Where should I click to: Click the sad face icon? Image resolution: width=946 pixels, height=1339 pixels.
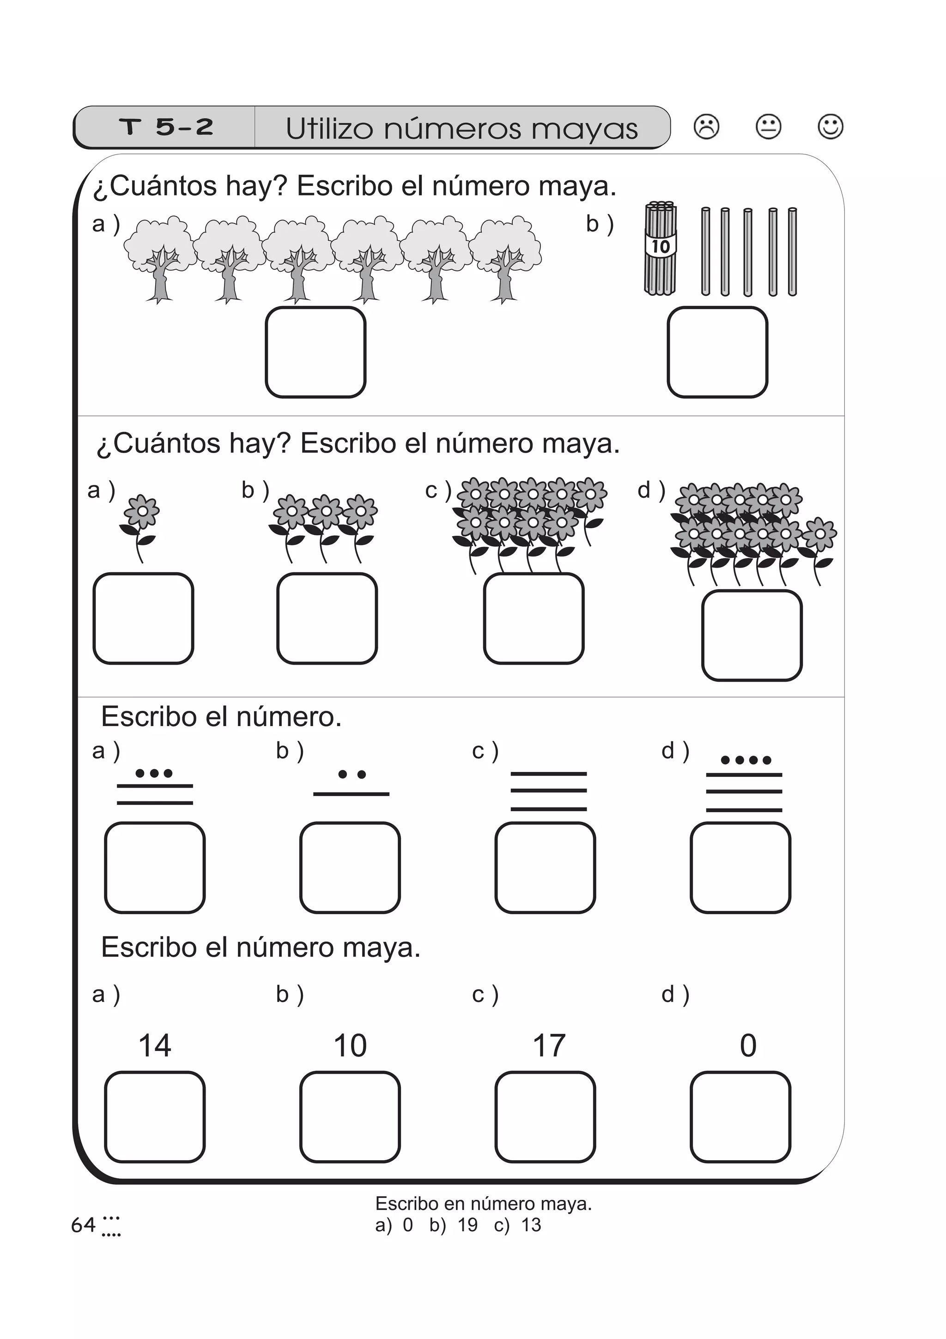tap(706, 127)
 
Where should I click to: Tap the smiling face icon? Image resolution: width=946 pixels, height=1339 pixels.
tap(830, 127)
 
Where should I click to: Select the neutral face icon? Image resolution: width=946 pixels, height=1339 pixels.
tap(768, 127)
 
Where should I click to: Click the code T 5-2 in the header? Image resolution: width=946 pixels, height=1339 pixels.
tap(166, 127)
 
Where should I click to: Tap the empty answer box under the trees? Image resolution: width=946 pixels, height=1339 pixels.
tap(315, 352)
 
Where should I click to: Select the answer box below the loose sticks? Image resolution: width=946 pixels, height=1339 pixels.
tap(717, 352)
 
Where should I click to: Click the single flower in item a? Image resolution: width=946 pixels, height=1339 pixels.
tap(140, 525)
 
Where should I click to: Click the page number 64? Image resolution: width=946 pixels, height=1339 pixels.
tap(83, 1225)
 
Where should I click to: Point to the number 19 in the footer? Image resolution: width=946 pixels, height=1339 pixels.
tap(467, 1225)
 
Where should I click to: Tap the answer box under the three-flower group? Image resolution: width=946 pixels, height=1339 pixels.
tap(327, 618)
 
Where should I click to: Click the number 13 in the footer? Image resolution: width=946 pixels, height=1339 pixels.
tap(531, 1225)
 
